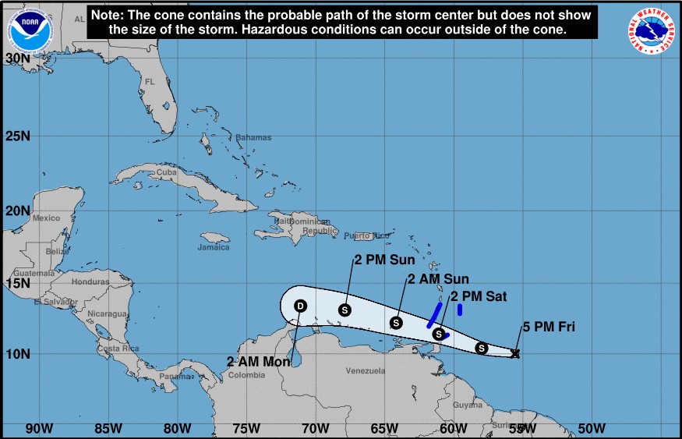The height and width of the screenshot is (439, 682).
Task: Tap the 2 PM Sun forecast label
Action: click(x=384, y=260)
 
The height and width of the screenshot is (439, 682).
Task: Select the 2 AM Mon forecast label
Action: click(x=257, y=362)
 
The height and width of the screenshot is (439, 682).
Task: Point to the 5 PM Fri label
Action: click(x=549, y=327)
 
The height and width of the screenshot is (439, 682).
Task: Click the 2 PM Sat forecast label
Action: click(x=479, y=296)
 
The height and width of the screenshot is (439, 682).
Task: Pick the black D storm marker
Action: click(x=300, y=306)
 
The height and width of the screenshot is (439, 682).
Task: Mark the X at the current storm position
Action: click(x=515, y=354)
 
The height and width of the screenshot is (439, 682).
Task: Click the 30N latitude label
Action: click(x=17, y=58)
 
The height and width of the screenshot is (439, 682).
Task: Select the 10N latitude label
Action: click(x=17, y=353)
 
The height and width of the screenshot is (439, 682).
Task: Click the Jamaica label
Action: click(x=214, y=247)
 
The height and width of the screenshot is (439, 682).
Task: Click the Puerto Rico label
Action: click(x=366, y=235)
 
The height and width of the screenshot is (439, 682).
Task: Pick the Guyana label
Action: click(x=468, y=405)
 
